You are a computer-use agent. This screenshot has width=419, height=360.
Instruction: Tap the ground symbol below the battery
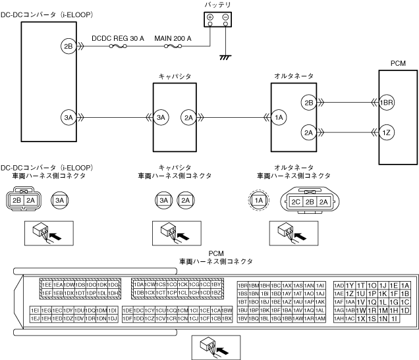point(226,57)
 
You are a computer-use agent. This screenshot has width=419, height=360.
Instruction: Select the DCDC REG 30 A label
point(118,39)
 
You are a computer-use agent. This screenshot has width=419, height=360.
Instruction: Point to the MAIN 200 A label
point(173,39)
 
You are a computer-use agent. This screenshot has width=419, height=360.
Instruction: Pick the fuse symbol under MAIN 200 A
point(173,47)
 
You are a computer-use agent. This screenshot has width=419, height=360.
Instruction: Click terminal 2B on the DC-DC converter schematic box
point(69,46)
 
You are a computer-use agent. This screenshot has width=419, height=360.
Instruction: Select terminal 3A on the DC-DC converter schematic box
point(69,118)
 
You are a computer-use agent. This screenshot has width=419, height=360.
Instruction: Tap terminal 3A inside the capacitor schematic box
point(162,118)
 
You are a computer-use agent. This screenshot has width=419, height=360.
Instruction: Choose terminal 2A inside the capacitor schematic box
point(188,118)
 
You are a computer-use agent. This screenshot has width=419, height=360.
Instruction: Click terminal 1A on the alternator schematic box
point(279,118)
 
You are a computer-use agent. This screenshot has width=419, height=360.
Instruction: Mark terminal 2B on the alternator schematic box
point(308,102)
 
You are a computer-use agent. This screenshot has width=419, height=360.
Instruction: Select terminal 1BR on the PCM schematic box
point(387,103)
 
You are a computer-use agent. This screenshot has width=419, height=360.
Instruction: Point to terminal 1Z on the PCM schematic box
point(387,132)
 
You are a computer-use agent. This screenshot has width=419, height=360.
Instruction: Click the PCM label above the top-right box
point(398,64)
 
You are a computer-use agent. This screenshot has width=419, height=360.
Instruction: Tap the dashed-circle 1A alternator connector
point(258,199)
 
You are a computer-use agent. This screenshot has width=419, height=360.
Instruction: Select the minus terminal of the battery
point(225,17)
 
